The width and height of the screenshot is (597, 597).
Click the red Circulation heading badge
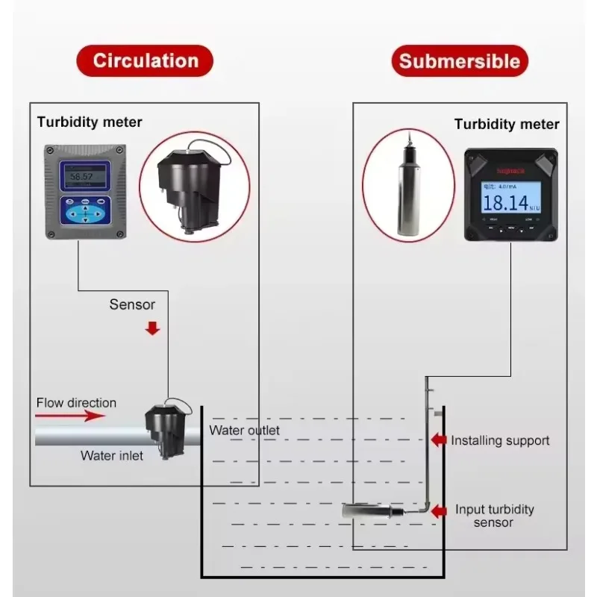[x=145, y=61]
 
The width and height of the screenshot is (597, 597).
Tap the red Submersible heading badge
[x=460, y=61]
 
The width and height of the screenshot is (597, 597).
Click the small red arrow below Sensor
[x=152, y=328]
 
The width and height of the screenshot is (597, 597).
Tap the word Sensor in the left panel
[x=132, y=304]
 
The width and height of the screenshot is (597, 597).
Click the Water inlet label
[x=112, y=455]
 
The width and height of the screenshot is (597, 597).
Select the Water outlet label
[x=245, y=431]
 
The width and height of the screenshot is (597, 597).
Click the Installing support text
[x=500, y=440]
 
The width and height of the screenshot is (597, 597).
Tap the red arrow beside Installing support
[x=439, y=440]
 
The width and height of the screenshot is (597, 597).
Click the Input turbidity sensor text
[x=495, y=516]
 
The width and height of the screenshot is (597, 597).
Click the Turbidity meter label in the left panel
[x=90, y=122]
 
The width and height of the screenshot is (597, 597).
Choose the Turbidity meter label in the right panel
[x=506, y=125]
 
